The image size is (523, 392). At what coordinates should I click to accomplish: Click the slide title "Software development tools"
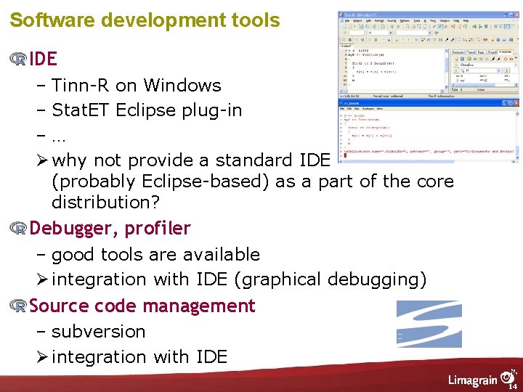(145, 20)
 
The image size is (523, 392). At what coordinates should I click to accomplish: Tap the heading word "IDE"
(43, 58)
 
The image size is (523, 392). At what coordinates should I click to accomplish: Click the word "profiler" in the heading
(158, 229)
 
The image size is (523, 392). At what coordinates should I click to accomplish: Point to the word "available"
(220, 255)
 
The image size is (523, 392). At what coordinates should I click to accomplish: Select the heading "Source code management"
(142, 306)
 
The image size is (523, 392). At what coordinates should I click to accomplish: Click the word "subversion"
(98, 332)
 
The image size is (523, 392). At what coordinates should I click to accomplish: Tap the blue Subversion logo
(429, 324)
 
